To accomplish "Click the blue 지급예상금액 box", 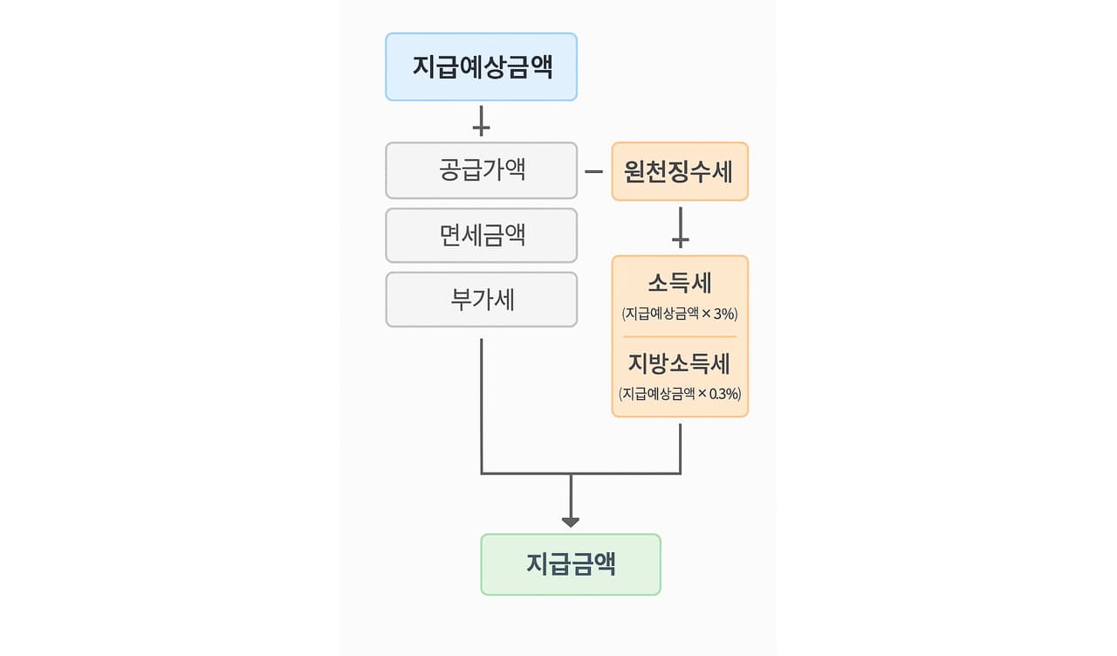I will (481, 67).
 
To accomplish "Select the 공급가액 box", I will (481, 169).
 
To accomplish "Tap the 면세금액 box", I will (481, 235).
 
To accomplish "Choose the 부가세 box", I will (481, 300).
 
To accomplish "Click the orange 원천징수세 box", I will (679, 171).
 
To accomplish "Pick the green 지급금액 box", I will (571, 564).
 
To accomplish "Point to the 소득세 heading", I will (680, 283).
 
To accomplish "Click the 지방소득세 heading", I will (680, 363).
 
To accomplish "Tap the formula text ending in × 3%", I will (680, 313).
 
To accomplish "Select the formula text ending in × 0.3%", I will (680, 394).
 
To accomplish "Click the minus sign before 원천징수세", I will (593, 171).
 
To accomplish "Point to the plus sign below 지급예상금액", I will (481, 122).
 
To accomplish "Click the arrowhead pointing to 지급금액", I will (571, 521).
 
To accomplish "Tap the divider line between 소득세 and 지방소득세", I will (680, 336).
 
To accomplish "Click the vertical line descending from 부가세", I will (481, 402).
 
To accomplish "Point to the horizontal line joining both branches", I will (580, 473).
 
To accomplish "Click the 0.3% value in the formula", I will (723, 394).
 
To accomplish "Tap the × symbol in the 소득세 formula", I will (705, 313).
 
